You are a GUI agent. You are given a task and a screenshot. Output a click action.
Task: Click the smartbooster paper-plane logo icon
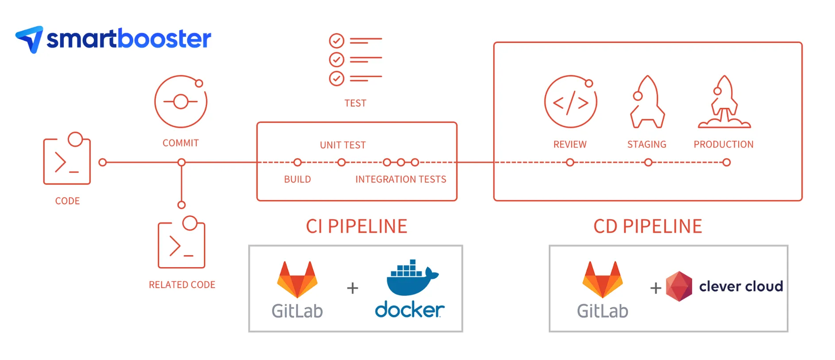click(30, 39)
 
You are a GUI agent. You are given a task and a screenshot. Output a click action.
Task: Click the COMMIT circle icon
click(181, 102)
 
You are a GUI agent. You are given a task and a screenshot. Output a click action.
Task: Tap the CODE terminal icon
click(67, 159)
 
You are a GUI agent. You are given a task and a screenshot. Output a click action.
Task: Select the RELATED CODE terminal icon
click(181, 243)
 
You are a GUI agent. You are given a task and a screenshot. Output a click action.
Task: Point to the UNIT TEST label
click(342, 145)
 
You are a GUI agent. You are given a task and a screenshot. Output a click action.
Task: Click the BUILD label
click(297, 179)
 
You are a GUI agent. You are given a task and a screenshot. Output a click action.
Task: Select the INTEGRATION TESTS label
click(400, 179)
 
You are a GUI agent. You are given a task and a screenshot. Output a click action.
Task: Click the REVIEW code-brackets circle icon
click(570, 102)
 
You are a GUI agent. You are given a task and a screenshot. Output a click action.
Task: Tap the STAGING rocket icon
click(647, 102)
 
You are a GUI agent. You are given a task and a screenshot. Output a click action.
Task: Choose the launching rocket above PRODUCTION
click(724, 102)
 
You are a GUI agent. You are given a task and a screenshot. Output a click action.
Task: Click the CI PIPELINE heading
click(356, 226)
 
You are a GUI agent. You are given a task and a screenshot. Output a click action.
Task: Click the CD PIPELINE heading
click(647, 226)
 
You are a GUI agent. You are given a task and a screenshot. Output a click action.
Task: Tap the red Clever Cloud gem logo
click(679, 286)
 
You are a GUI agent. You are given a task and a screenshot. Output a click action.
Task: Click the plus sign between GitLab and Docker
click(352, 288)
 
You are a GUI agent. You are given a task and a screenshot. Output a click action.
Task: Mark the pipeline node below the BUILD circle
click(297, 162)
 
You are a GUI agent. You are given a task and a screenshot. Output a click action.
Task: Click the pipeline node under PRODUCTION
click(726, 162)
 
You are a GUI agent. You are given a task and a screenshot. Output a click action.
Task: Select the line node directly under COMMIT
click(181, 162)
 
